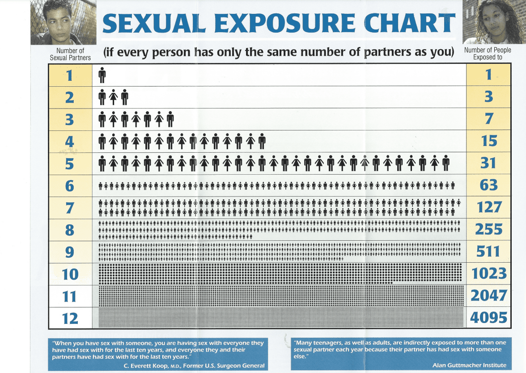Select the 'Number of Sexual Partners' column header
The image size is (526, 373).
[x=70, y=54]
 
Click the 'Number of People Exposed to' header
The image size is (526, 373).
[x=488, y=54]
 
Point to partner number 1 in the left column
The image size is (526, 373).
[x=69, y=75]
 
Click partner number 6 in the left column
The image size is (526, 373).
[x=69, y=185]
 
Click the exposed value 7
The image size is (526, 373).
[x=489, y=119]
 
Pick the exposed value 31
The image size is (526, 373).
[x=488, y=163]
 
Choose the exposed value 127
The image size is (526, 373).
[x=489, y=207]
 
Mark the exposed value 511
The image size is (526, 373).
[x=488, y=251]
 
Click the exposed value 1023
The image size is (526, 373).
[x=488, y=273]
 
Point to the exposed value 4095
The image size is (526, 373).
[x=488, y=318]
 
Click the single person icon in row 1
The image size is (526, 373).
[x=102, y=75]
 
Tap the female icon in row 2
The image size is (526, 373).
[x=114, y=97]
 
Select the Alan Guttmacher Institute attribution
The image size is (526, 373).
[x=469, y=365]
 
